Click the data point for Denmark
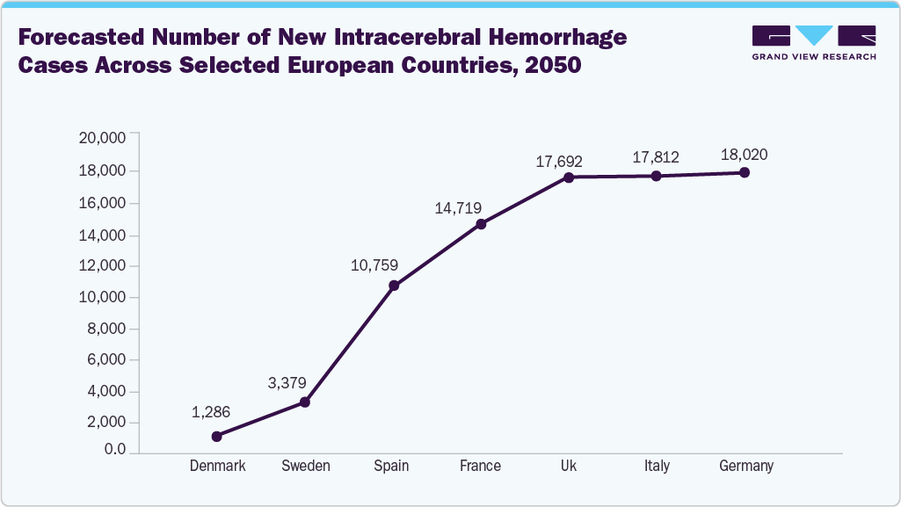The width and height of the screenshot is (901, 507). (217, 436)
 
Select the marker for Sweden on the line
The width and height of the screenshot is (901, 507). (305, 402)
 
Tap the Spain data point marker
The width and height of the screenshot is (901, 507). (394, 286)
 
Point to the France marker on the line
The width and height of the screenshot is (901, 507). (481, 224)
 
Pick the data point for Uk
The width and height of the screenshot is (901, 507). (569, 177)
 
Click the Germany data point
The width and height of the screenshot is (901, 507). (745, 172)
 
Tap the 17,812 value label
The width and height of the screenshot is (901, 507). (656, 157)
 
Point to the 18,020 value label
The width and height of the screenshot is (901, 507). (744, 155)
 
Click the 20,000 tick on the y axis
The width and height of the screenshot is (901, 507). (103, 138)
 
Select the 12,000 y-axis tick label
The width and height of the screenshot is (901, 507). (103, 266)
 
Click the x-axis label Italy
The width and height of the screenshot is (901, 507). (656, 466)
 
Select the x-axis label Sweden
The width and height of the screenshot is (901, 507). (306, 466)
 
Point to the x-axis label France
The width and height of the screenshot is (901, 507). (480, 466)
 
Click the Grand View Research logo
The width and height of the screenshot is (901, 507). (814, 42)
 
